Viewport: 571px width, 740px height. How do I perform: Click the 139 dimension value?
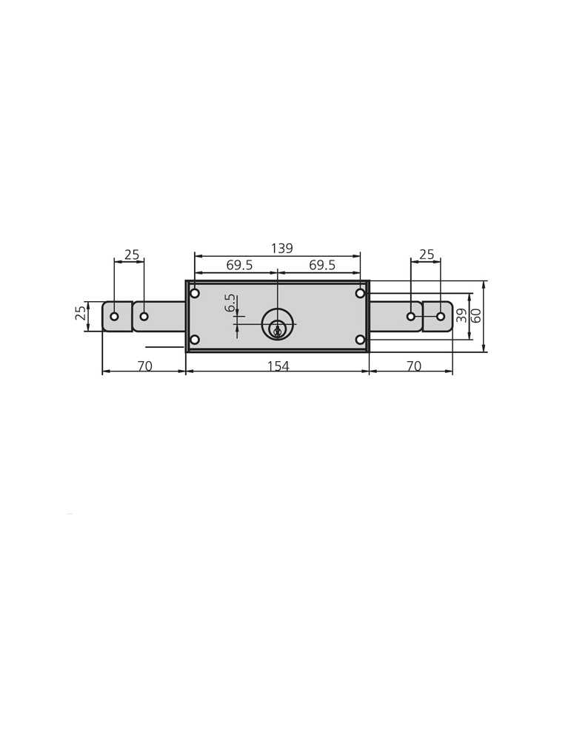281,248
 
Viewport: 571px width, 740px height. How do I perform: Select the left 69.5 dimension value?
239,265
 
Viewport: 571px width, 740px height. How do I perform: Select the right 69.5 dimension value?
322,265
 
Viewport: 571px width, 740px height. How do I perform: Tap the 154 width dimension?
278,366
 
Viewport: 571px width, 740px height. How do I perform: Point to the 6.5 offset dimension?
230,303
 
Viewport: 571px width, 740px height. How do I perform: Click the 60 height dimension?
476,315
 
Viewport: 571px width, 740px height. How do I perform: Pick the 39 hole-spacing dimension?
461,315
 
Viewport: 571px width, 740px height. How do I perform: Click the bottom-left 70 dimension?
145,366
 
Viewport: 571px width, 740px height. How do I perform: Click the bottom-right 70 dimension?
414,366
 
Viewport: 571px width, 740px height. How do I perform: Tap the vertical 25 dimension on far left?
81,313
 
